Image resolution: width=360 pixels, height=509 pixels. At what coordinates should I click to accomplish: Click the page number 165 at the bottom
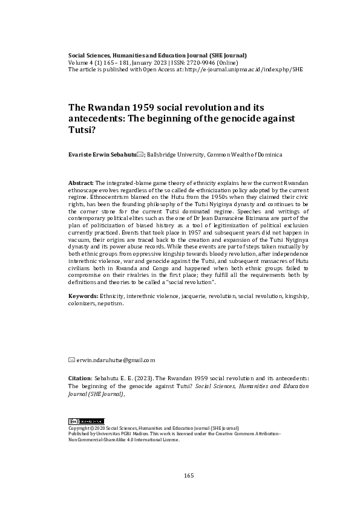click(x=189, y=476)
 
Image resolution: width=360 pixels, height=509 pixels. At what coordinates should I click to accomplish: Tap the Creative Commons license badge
click(x=86, y=421)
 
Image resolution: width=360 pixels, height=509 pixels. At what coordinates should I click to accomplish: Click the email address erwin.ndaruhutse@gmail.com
click(x=116, y=360)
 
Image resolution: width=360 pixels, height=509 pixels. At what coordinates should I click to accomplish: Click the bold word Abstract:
click(x=82, y=182)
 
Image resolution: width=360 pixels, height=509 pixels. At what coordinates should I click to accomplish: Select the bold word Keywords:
click(x=84, y=296)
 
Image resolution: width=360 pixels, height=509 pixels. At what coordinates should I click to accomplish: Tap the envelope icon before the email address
click(x=71, y=360)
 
